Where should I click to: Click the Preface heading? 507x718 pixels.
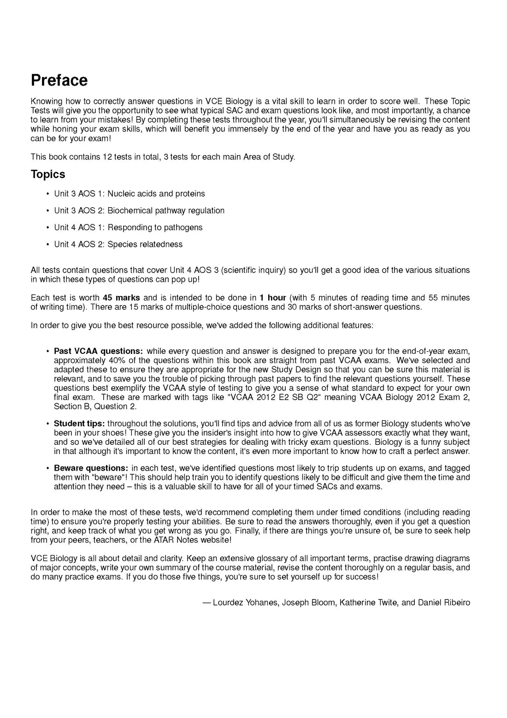59,80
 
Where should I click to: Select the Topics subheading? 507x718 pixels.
48,174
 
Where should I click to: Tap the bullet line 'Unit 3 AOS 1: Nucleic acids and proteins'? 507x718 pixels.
130,194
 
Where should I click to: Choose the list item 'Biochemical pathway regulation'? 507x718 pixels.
166,211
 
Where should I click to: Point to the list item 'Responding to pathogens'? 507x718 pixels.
155,227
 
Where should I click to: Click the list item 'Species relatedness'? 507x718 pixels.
145,245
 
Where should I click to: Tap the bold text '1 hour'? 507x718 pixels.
273,298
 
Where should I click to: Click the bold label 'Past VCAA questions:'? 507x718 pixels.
98,351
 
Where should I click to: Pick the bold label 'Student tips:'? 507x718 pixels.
79,424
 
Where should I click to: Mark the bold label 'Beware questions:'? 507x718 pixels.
91,468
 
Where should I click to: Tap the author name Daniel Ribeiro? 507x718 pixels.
444,603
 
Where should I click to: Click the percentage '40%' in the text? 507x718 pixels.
119,360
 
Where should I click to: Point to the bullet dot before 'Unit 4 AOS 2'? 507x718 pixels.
47,245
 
